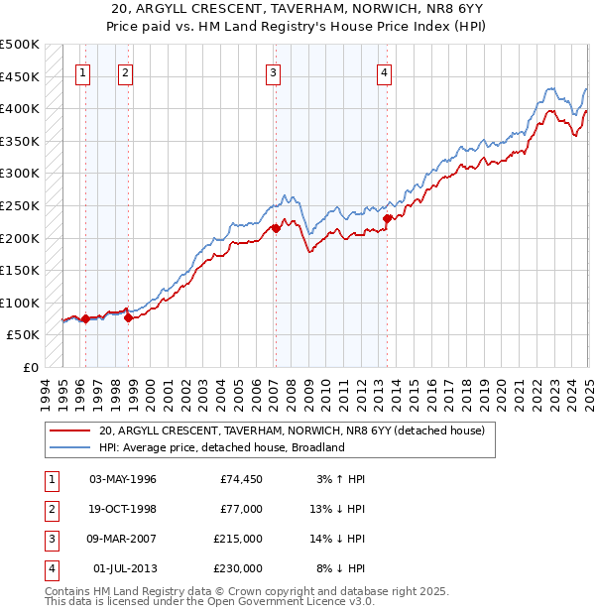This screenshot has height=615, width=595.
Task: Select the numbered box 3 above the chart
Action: (x=273, y=71)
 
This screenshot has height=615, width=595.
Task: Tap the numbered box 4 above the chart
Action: (x=384, y=71)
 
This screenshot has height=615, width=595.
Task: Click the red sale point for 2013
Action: (x=387, y=218)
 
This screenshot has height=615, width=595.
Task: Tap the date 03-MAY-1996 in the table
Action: (x=123, y=479)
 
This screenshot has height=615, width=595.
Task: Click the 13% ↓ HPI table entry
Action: (x=341, y=509)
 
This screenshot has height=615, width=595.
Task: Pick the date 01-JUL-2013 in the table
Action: (x=123, y=568)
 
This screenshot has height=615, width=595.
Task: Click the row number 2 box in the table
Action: (x=50, y=509)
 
